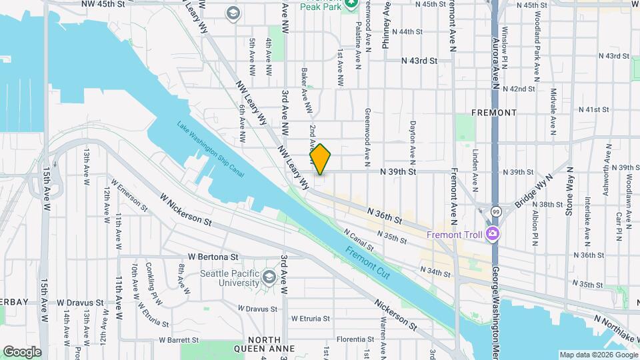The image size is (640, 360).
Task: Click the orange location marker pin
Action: pyautogui.click(x=321, y=159)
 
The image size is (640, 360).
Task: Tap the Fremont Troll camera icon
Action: pyautogui.click(x=493, y=234)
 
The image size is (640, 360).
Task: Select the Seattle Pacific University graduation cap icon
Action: pyautogui.click(x=268, y=277)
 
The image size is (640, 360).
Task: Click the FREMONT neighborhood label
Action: pyautogui.click(x=493, y=113)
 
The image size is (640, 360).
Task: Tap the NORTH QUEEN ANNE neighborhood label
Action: pyautogui.click(x=264, y=348)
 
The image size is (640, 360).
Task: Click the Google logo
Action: pyautogui.click(x=22, y=352)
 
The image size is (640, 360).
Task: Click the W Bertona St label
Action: pyautogui.click(x=213, y=256)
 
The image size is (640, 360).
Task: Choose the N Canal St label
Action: pyautogui.click(x=358, y=241)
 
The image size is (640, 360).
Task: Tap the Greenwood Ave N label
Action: pyautogui.click(x=367, y=137)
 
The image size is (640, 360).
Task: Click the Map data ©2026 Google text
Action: pyautogui.click(x=597, y=355)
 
